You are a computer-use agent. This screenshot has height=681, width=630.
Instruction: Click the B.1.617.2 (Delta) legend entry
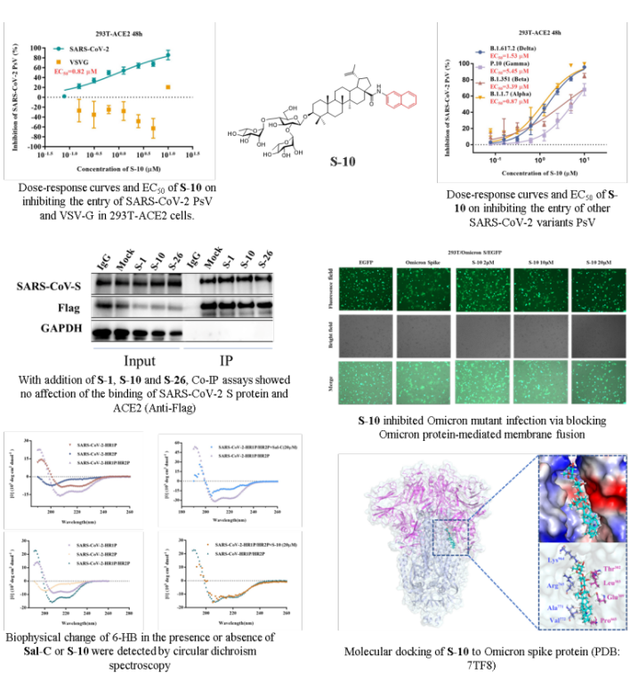point(517,46)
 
